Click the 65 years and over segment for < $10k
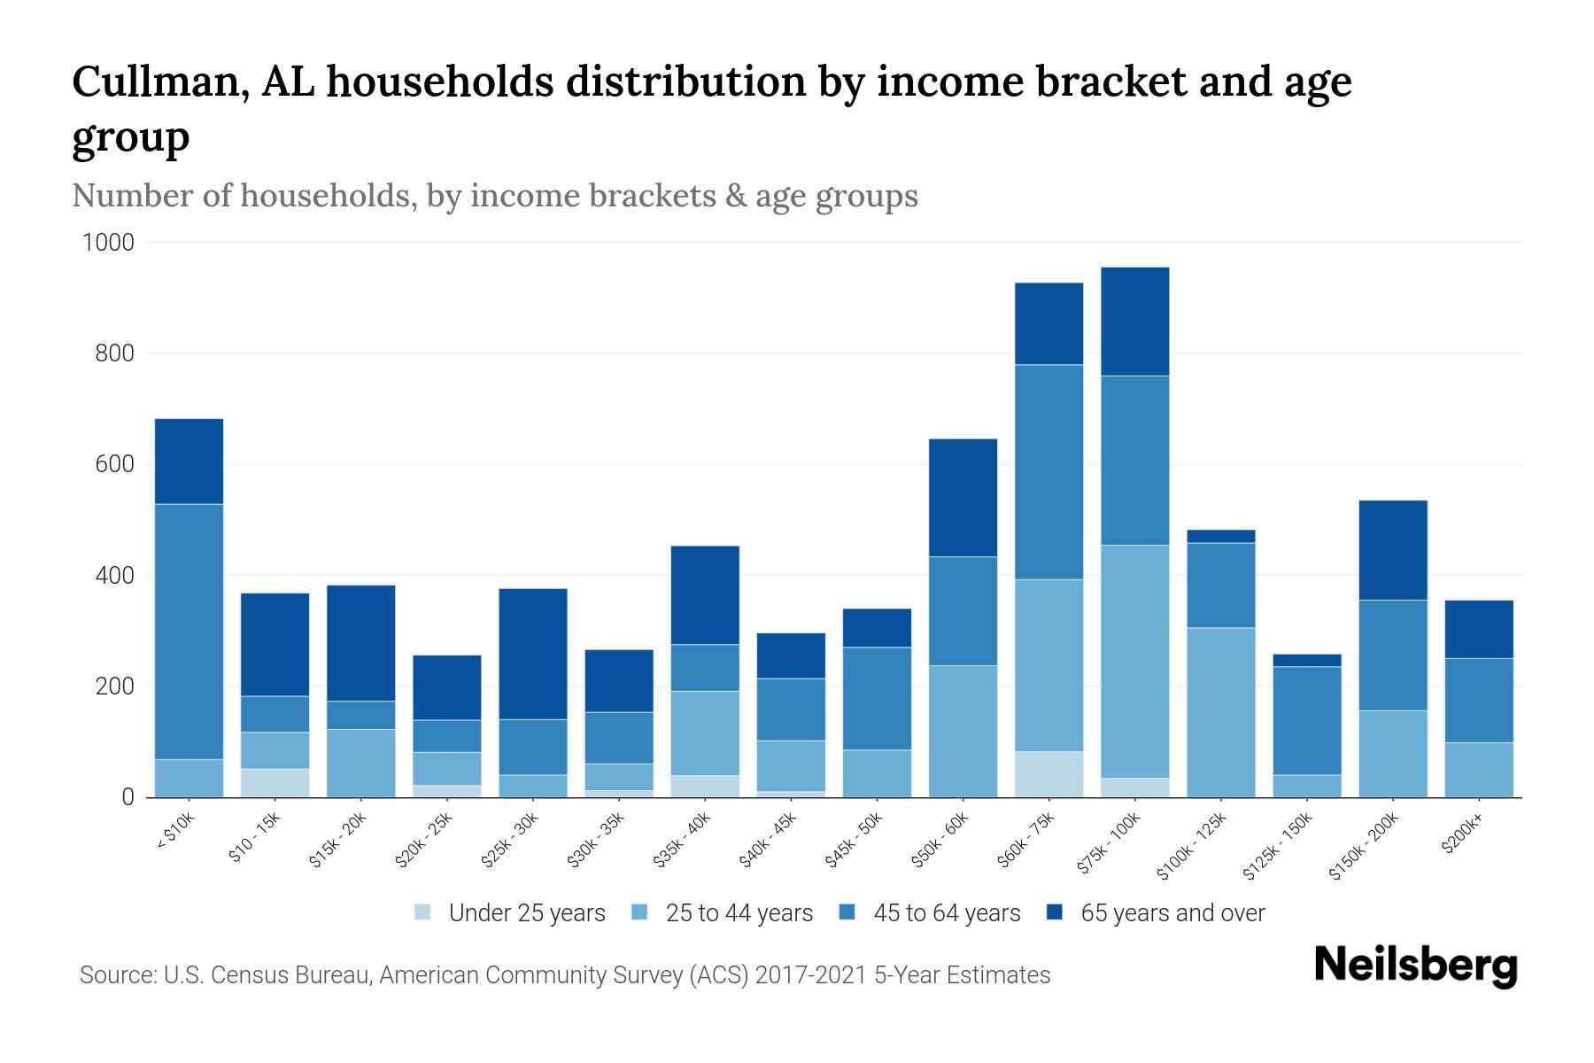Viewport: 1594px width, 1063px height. pyautogui.click(x=189, y=461)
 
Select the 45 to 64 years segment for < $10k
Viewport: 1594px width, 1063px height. pyautogui.click(x=189, y=631)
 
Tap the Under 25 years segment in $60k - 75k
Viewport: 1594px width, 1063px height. pyautogui.click(x=1048, y=774)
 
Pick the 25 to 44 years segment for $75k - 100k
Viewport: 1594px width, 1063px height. pyautogui.click(x=1134, y=661)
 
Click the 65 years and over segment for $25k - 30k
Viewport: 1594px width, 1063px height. pyautogui.click(x=533, y=654)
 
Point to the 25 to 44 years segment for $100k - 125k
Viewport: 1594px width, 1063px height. pyautogui.click(x=1220, y=712)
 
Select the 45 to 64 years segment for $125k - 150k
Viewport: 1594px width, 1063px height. pyautogui.click(x=1306, y=720)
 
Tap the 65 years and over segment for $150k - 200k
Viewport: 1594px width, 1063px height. pyautogui.click(x=1392, y=550)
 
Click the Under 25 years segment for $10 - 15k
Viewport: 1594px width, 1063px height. pyautogui.click(x=275, y=782)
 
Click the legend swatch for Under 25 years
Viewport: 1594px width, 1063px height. pyautogui.click(x=423, y=912)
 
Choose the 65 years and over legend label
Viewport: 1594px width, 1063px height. pyautogui.click(x=1172, y=913)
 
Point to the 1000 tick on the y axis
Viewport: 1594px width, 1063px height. pyautogui.click(x=108, y=242)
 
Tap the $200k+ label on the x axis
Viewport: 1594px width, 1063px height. pyautogui.click(x=1462, y=834)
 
